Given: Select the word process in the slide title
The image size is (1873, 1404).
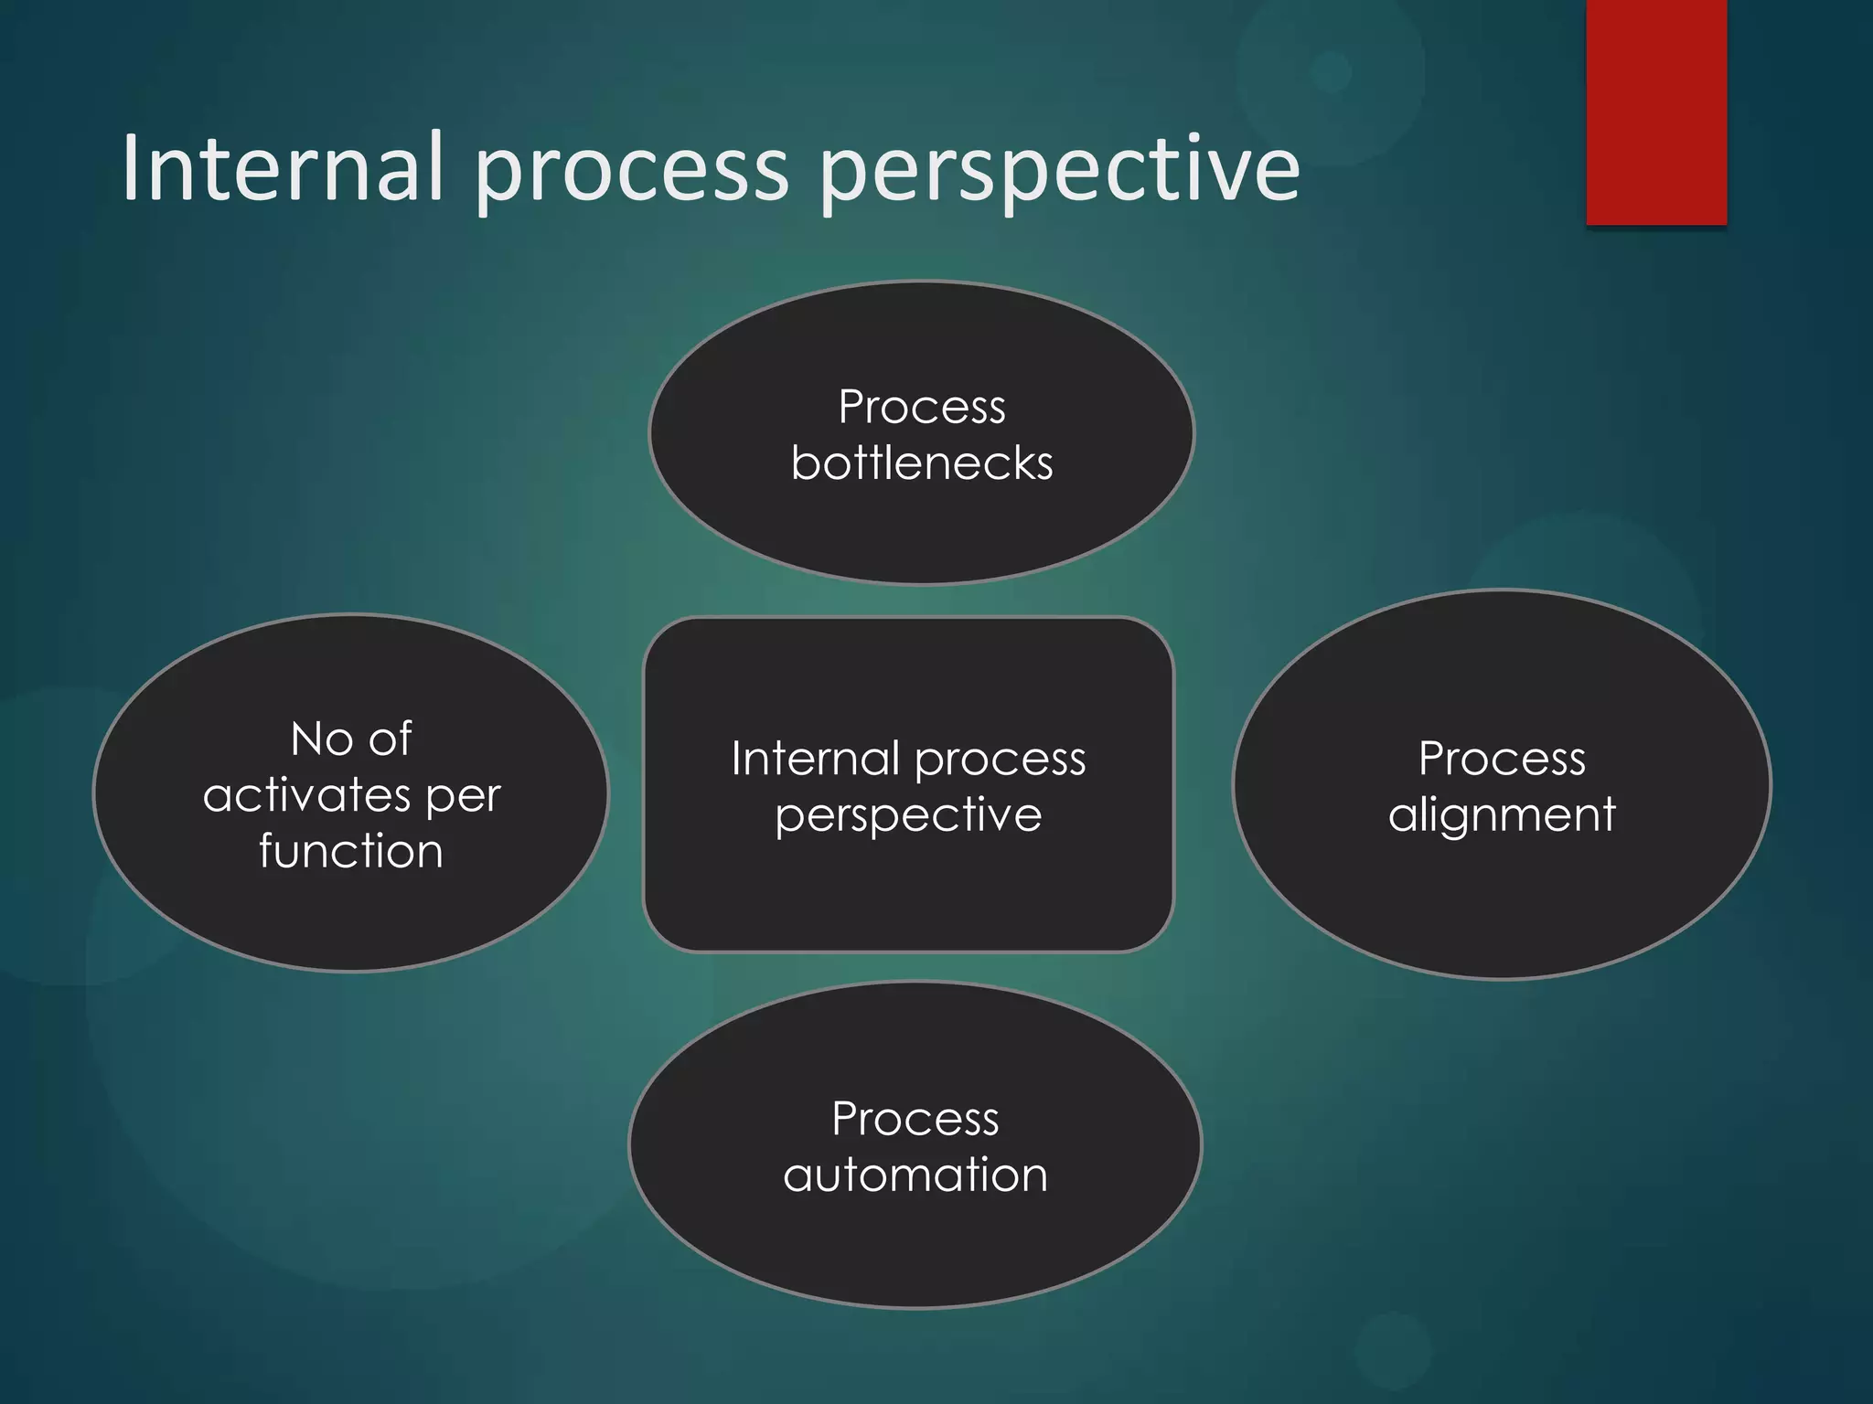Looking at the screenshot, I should click(630, 174).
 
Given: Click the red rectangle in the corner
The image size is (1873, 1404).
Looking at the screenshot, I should click(1656, 112).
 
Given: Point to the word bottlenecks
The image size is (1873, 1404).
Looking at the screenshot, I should click(922, 463).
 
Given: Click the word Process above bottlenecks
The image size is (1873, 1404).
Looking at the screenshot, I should click(922, 407).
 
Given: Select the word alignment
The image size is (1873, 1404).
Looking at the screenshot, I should click(1502, 815).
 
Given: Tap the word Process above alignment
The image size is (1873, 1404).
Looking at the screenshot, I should click(1502, 759).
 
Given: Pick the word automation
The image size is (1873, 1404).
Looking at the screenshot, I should click(915, 1175).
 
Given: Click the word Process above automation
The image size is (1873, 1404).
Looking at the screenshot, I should click(915, 1119).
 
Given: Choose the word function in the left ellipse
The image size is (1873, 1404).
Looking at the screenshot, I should click(351, 851).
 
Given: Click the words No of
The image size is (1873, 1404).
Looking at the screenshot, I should click(351, 739).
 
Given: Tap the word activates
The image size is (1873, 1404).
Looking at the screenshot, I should click(306, 795).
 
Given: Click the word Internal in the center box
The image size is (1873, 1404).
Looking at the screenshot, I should click(815, 759).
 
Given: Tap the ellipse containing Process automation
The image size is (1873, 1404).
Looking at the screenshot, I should click(915, 1252).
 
